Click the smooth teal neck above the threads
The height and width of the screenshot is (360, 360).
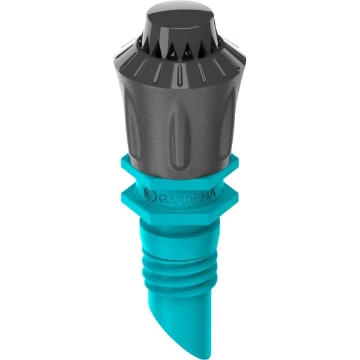(x=180, y=227)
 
